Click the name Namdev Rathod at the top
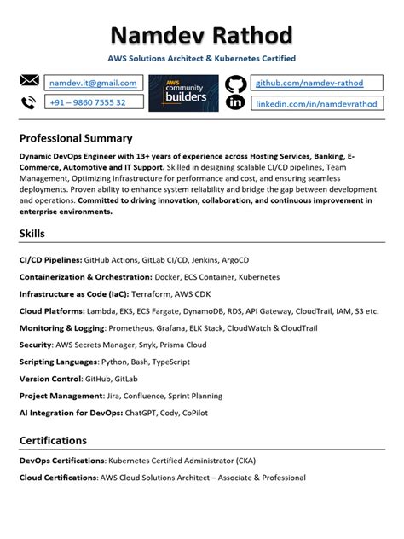[201, 36]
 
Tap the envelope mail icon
[30, 82]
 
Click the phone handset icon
[29, 102]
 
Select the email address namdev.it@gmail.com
[93, 83]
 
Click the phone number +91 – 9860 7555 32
[87, 102]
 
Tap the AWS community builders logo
[183, 92]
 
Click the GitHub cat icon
[235, 84]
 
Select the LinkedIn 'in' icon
[235, 103]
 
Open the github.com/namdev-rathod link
[309, 83]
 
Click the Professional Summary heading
[76, 138]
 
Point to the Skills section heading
[32, 233]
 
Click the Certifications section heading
[65, 440]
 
